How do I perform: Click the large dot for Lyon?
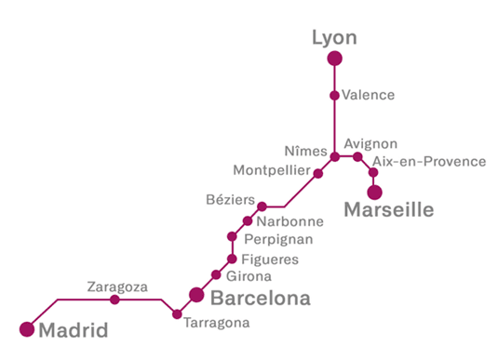[334, 59]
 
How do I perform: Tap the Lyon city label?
[334, 37]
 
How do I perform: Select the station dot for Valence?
[334, 95]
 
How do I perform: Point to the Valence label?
[369, 95]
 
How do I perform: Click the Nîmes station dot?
[334, 156]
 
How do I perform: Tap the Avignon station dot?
[357, 156]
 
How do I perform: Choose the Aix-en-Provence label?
[429, 162]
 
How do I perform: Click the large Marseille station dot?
[374, 192]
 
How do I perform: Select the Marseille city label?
[389, 211]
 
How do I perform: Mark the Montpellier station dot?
[318, 173]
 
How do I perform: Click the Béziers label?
[229, 199]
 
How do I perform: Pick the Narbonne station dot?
[248, 221]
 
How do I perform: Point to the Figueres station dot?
[232, 259]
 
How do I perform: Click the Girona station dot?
[216, 274]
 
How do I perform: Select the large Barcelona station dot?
[196, 295]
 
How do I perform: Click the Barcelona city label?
[260, 300]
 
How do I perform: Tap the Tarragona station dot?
[177, 314]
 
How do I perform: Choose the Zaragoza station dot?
[114, 300]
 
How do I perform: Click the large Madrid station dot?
[27, 328]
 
